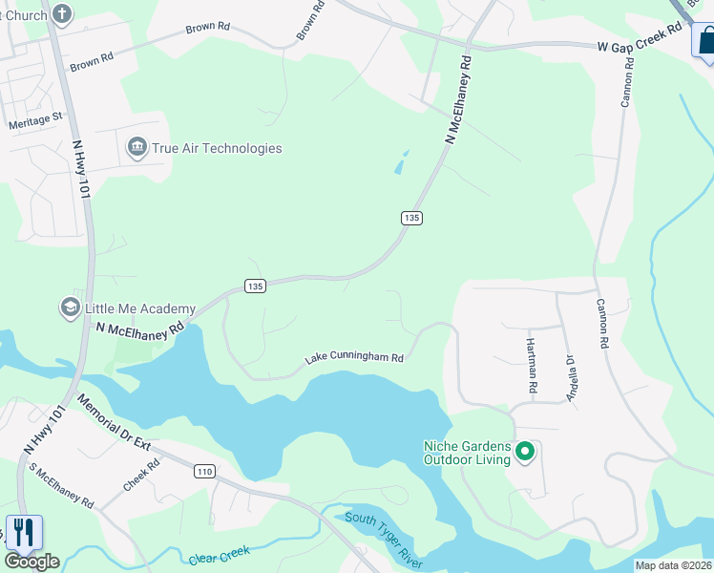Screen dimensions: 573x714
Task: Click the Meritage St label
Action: click(35, 120)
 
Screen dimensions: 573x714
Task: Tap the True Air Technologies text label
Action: click(217, 148)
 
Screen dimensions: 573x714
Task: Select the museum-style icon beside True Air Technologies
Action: click(136, 148)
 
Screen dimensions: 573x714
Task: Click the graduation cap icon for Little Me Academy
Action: click(70, 308)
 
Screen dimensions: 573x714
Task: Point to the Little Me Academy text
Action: click(140, 308)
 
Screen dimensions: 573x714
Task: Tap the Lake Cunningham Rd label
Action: click(354, 358)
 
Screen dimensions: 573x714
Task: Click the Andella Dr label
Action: click(572, 378)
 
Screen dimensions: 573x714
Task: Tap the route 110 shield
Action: click(203, 471)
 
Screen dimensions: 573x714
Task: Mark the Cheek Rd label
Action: click(141, 475)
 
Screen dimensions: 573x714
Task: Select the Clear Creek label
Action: click(220, 554)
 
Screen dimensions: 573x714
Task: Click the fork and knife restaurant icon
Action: click(23, 532)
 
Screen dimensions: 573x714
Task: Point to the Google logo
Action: click(31, 562)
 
